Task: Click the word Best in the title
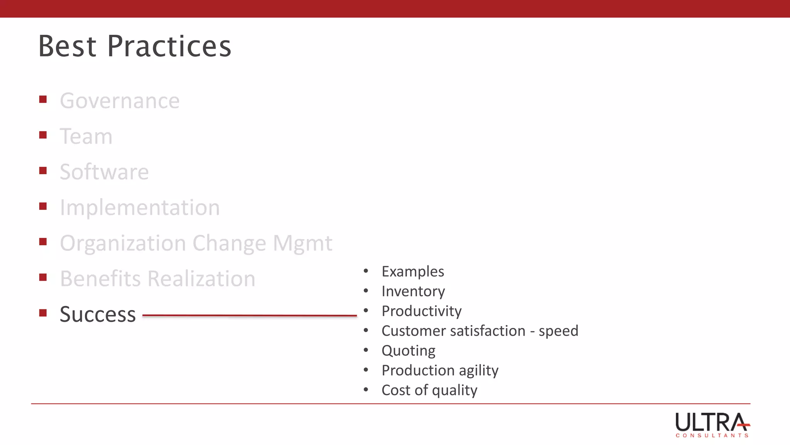tap(67, 46)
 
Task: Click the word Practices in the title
tap(169, 46)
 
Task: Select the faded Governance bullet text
tap(120, 101)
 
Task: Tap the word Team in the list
tap(86, 137)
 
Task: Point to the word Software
tap(104, 172)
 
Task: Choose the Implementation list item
tap(140, 208)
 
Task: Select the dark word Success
tap(98, 314)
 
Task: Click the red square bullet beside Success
tap(43, 313)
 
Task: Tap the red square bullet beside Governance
tap(43, 100)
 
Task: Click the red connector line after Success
tap(249, 316)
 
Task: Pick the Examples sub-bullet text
tap(413, 272)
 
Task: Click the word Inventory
tap(413, 291)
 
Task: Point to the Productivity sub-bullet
tap(421, 311)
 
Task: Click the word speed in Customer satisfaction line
tap(558, 331)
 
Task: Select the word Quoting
tap(408, 351)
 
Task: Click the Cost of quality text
tap(429, 390)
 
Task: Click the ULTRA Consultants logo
tap(712, 425)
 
